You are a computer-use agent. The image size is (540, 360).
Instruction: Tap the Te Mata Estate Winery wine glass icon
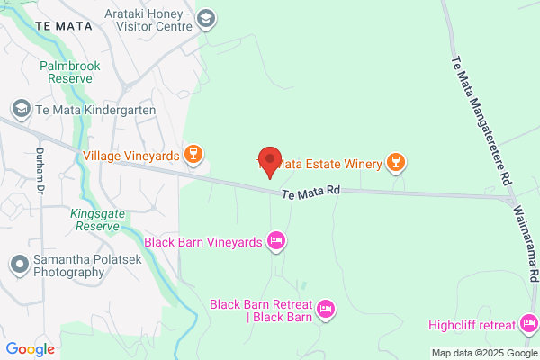(x=393, y=162)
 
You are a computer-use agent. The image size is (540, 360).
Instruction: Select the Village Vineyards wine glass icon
(x=192, y=156)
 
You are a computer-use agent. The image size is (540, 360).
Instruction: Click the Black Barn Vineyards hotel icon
(x=276, y=240)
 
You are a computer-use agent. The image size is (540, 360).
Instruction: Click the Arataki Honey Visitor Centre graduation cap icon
(x=206, y=18)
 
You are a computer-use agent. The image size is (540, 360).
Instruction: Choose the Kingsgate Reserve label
(x=94, y=220)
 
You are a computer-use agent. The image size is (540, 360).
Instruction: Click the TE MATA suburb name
(x=66, y=27)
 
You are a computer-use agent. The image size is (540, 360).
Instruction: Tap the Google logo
(x=30, y=349)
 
